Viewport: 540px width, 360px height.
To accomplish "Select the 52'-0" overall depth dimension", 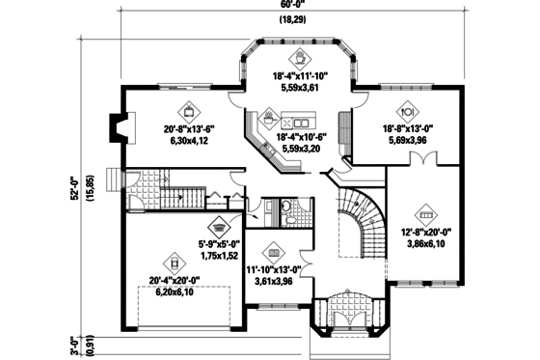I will point(74,182).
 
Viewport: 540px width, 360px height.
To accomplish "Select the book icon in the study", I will point(272,248).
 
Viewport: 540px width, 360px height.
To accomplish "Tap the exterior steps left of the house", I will point(115,180).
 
